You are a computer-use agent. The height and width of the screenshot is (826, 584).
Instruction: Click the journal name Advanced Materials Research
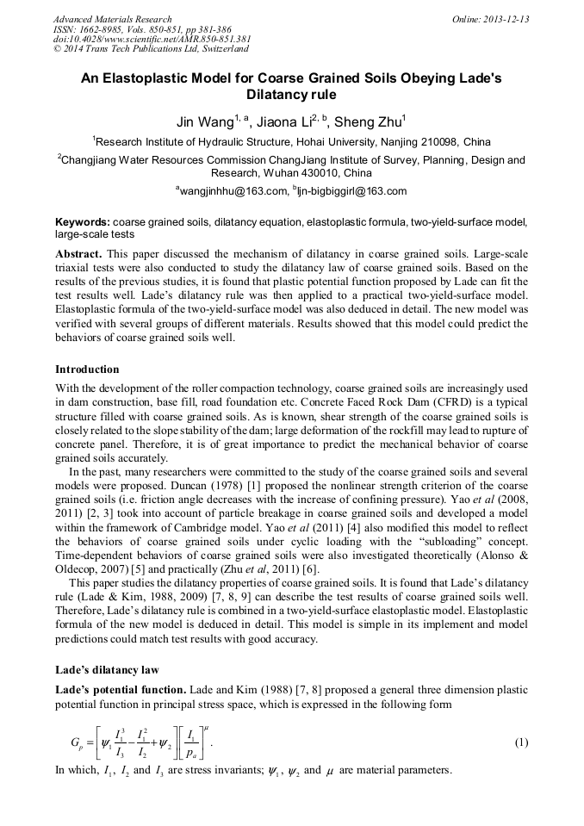pyautogui.click(x=112, y=19)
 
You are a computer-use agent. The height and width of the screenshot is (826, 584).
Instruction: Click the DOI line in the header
pyautogui.click(x=152, y=40)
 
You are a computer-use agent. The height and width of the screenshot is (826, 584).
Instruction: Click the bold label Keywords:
pyautogui.click(x=83, y=221)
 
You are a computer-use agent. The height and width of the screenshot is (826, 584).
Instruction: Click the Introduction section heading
pyautogui.click(x=87, y=369)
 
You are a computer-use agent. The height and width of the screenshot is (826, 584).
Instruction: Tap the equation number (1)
pyautogui.click(x=520, y=742)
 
